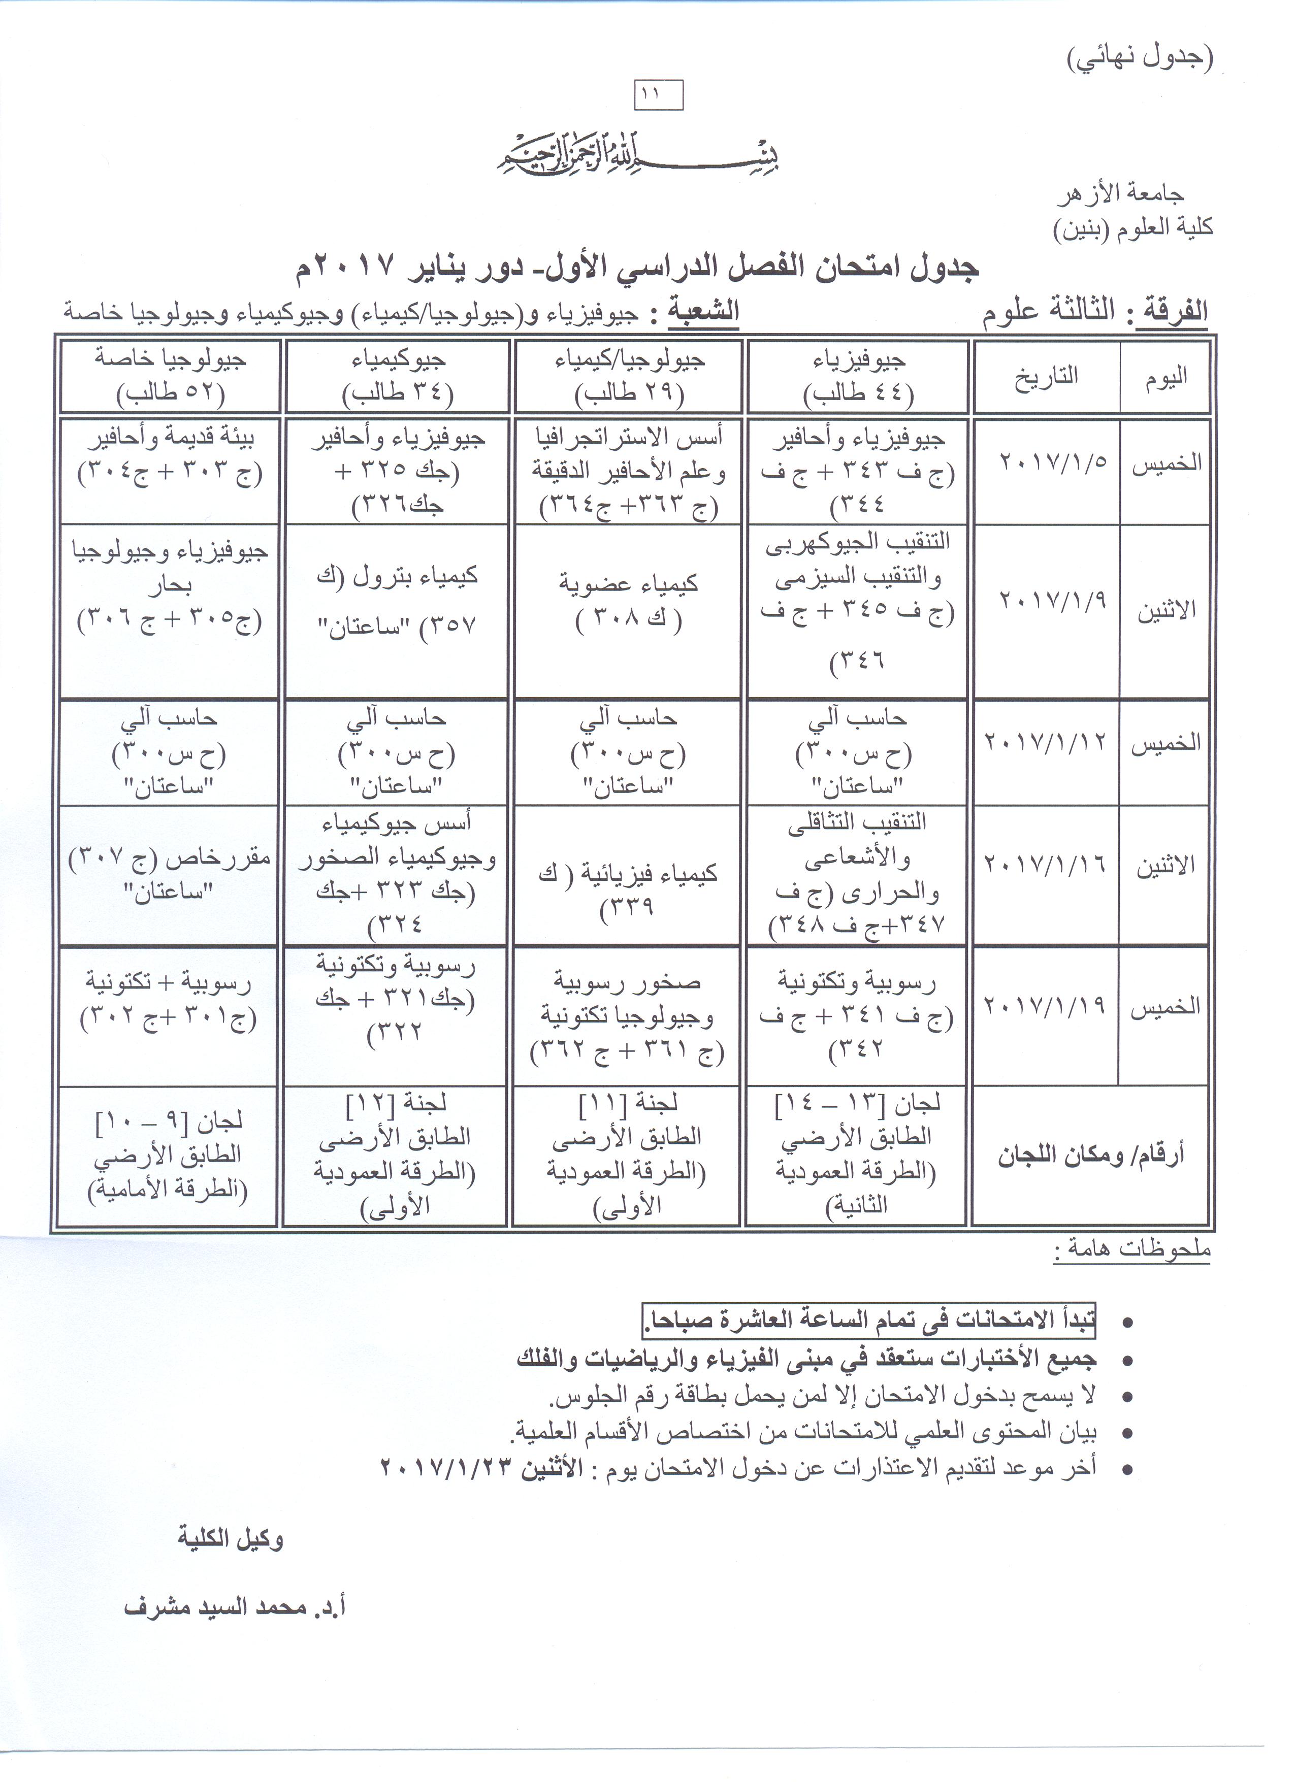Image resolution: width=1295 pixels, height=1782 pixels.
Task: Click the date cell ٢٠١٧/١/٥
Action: click(1052, 461)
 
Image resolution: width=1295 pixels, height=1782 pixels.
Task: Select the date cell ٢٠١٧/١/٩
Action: click(1052, 601)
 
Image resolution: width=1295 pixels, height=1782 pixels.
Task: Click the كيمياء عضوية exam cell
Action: click(629, 602)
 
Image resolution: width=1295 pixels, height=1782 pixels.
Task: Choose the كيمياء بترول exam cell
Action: click(397, 601)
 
